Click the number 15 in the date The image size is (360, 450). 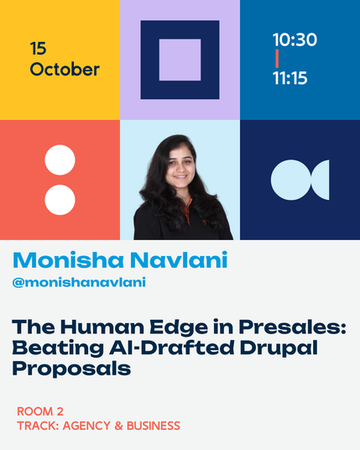click(x=38, y=48)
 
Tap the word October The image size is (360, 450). click(x=65, y=70)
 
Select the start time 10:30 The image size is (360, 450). click(x=295, y=39)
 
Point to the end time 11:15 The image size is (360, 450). click(x=290, y=78)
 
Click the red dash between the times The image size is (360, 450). click(x=277, y=59)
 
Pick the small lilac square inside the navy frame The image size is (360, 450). click(x=180, y=60)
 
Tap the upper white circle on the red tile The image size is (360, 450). click(x=60, y=160)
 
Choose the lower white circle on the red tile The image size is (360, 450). click(x=60, y=200)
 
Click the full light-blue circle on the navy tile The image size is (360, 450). click(x=291, y=180)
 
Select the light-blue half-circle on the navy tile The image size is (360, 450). click(x=322, y=180)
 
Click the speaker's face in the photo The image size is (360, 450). click(x=180, y=166)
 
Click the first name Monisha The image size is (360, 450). click(x=68, y=260)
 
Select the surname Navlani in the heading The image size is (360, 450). click(x=179, y=260)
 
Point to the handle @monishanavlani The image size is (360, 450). click(x=79, y=282)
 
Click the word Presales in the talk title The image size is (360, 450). click(x=292, y=327)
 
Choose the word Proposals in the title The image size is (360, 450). click(x=71, y=369)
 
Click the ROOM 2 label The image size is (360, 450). click(x=40, y=411)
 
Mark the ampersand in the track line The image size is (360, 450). click(x=118, y=426)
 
